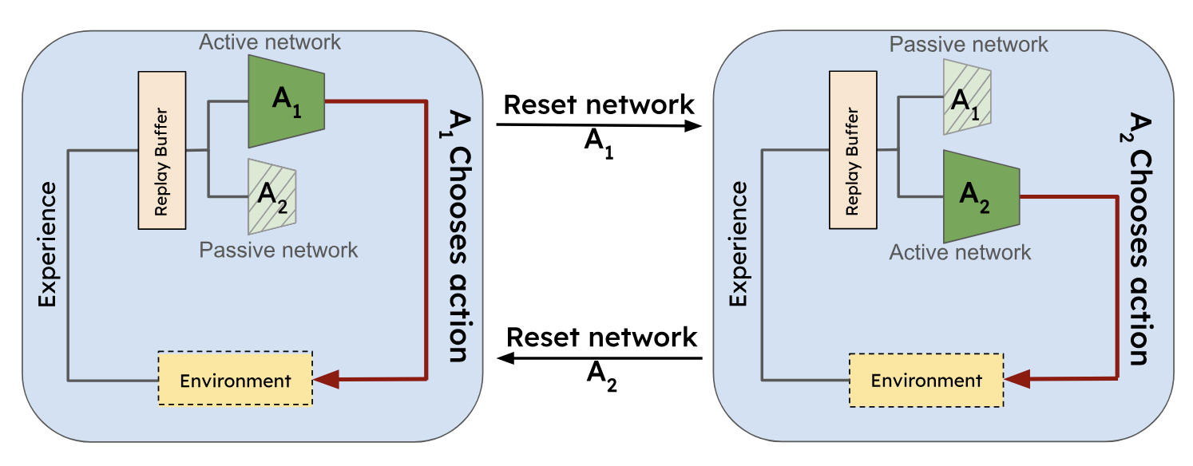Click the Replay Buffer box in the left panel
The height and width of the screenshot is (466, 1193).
(x=162, y=149)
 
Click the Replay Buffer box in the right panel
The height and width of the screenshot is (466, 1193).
(x=853, y=148)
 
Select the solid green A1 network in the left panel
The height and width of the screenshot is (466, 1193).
(x=286, y=101)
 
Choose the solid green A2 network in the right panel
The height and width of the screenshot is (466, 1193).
(x=979, y=196)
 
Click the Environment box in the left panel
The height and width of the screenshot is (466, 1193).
(x=235, y=381)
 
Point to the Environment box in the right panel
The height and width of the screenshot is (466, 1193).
(x=925, y=380)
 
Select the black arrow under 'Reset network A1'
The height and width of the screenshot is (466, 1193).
(x=598, y=125)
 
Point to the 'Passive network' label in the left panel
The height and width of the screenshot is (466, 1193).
(x=278, y=250)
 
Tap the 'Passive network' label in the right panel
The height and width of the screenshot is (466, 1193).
(x=969, y=44)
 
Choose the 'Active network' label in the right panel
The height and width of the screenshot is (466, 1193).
(x=960, y=253)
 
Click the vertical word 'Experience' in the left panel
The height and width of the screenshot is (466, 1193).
(x=47, y=244)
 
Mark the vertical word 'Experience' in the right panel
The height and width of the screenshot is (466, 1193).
(x=738, y=244)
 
